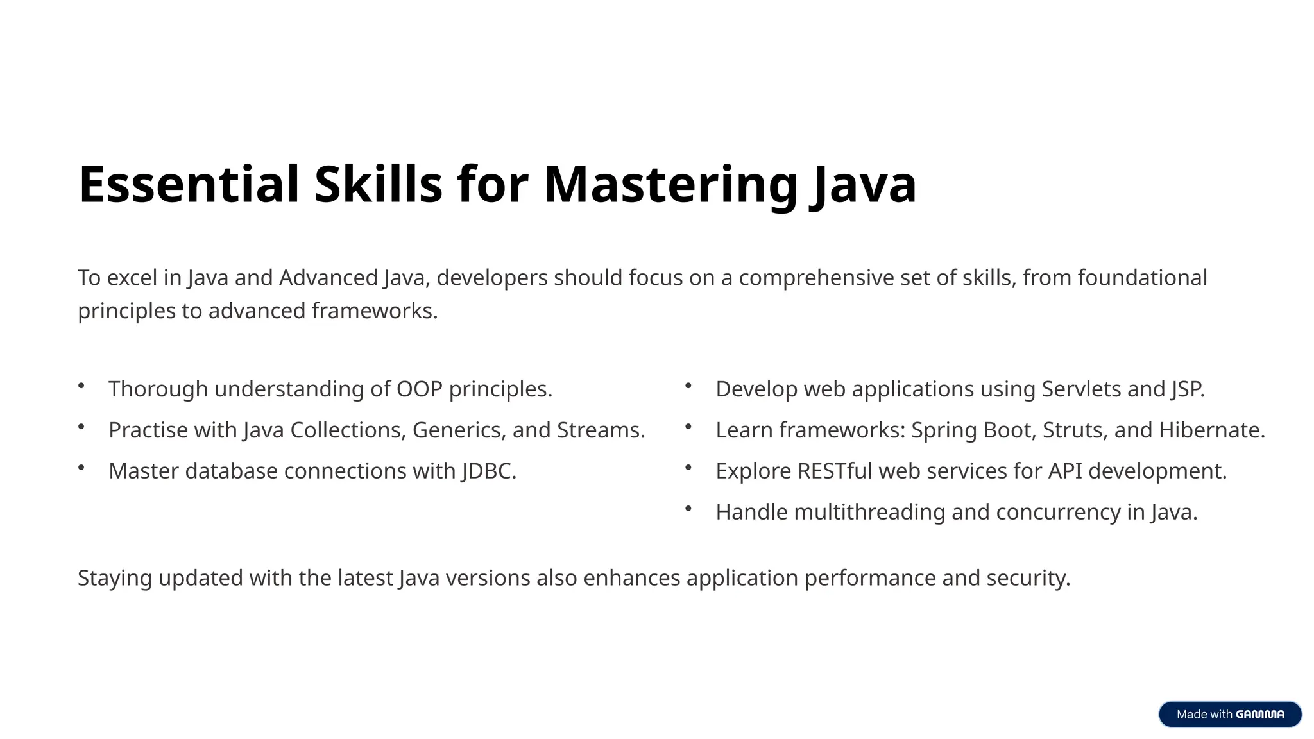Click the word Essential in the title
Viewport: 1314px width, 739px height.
[189, 185]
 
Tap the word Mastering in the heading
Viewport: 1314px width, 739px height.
[670, 185]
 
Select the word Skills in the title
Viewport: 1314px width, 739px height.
[378, 185]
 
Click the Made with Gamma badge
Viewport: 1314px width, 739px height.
[1229, 714]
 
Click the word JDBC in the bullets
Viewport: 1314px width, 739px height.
[488, 471]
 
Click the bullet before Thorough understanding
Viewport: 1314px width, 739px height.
[81, 386]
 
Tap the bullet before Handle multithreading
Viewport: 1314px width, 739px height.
[688, 509]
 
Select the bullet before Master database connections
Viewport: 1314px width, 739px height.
[81, 468]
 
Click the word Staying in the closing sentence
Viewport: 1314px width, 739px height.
[115, 578]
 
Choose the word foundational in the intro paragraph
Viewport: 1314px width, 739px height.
[1142, 278]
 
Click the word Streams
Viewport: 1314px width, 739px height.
[601, 430]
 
